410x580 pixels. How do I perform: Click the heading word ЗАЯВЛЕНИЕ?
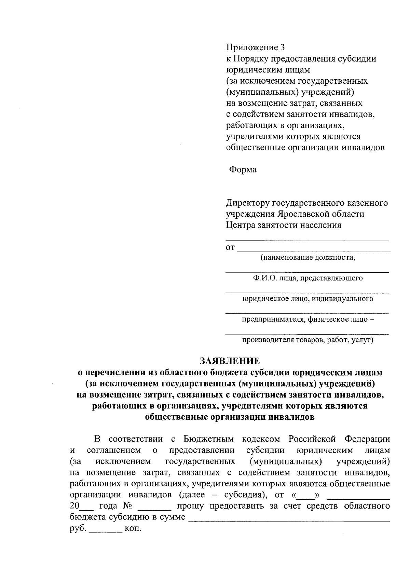point(230,361)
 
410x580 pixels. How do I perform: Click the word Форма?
point(243,170)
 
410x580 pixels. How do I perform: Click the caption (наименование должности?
point(308,257)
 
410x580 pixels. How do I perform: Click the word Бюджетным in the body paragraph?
point(208,439)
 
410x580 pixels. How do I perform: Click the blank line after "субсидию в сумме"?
point(289,519)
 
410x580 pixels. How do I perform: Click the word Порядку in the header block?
point(251,59)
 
